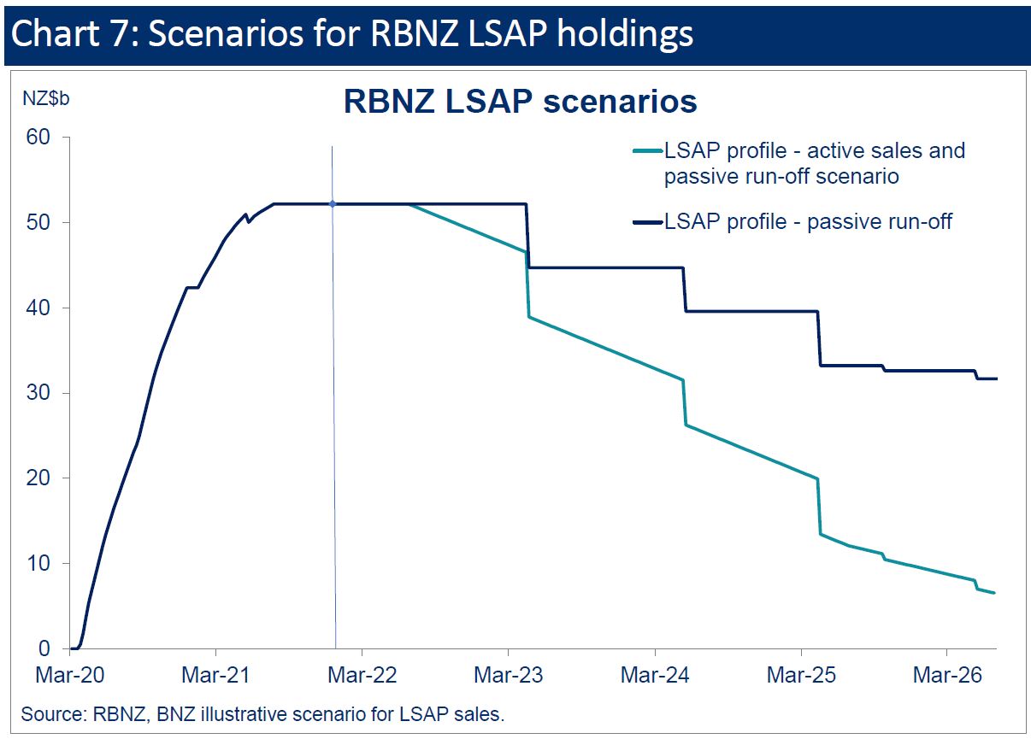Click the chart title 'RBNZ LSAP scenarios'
coord(520,102)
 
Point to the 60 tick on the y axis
coord(38,138)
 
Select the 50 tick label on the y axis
coord(38,223)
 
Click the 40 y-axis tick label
coord(38,308)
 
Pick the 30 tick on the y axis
coord(38,393)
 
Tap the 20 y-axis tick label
coord(38,478)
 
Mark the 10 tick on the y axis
coord(38,563)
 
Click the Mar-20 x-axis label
coord(70,675)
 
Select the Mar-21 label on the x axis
coord(216,675)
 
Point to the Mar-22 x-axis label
coord(362,675)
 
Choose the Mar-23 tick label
coord(508,675)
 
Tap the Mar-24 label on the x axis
coord(655,675)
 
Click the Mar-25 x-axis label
coord(801,675)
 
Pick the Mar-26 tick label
coord(946,675)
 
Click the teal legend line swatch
coord(647,151)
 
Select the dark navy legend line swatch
coord(647,222)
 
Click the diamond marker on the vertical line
coord(333,203)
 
